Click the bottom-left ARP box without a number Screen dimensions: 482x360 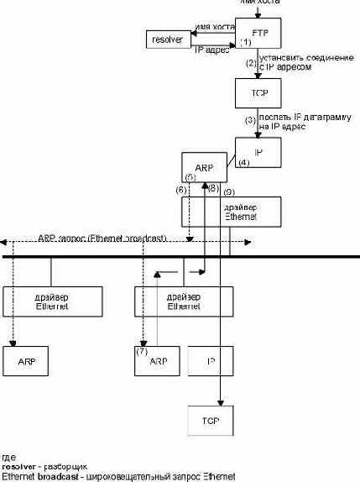[x=29, y=360]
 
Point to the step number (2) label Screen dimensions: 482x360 [x=249, y=63]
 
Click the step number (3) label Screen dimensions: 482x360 [x=249, y=120]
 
